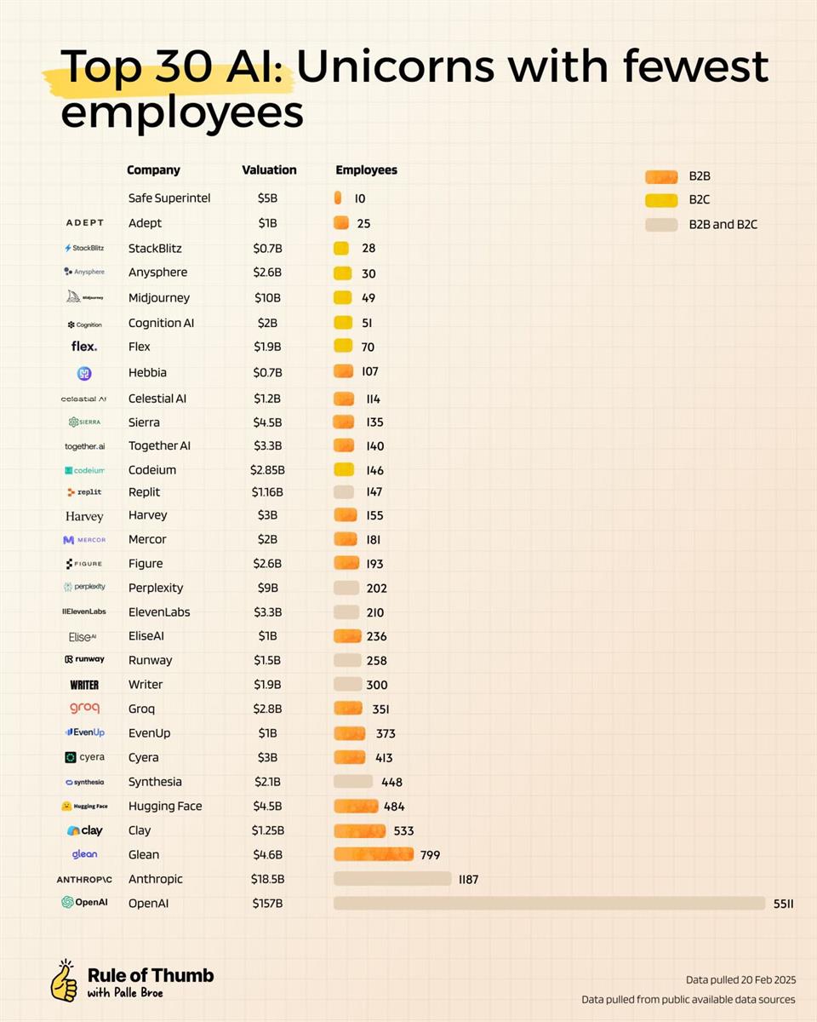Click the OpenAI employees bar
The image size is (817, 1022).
549,903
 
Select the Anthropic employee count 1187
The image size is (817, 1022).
468,879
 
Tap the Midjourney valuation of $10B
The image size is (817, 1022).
268,297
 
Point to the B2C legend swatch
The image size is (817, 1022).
661,201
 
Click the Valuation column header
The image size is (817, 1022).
269,169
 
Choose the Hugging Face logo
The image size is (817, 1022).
84,806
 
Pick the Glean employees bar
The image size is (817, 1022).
374,854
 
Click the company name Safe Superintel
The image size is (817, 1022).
169,198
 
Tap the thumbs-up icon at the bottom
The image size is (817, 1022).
64,981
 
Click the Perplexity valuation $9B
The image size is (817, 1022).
268,588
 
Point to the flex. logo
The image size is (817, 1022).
84,347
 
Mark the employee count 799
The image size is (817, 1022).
430,855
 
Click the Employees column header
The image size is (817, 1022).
366,169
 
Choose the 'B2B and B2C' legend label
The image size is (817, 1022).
723,225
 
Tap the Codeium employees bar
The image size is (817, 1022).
343,469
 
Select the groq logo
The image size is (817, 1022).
84,708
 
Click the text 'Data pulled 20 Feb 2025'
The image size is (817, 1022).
740,979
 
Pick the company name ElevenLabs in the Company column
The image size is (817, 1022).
159,611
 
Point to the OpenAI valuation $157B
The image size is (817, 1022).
268,903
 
